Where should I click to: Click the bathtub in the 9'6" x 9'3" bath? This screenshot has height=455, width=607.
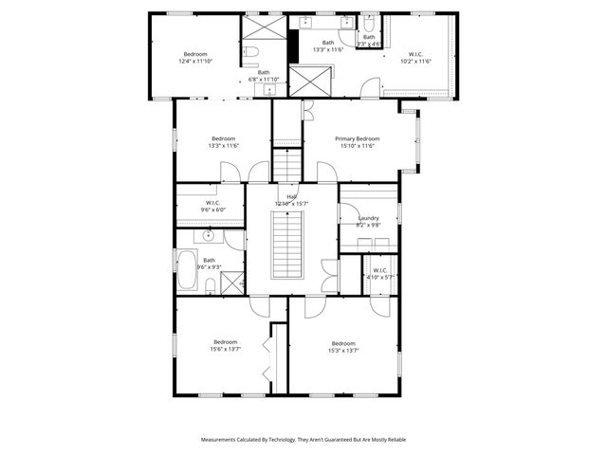pyautogui.click(x=186, y=270)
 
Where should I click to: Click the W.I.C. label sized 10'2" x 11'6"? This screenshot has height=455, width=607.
pyautogui.click(x=419, y=54)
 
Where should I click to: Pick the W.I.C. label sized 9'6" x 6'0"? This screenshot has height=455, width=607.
pyautogui.click(x=212, y=202)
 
